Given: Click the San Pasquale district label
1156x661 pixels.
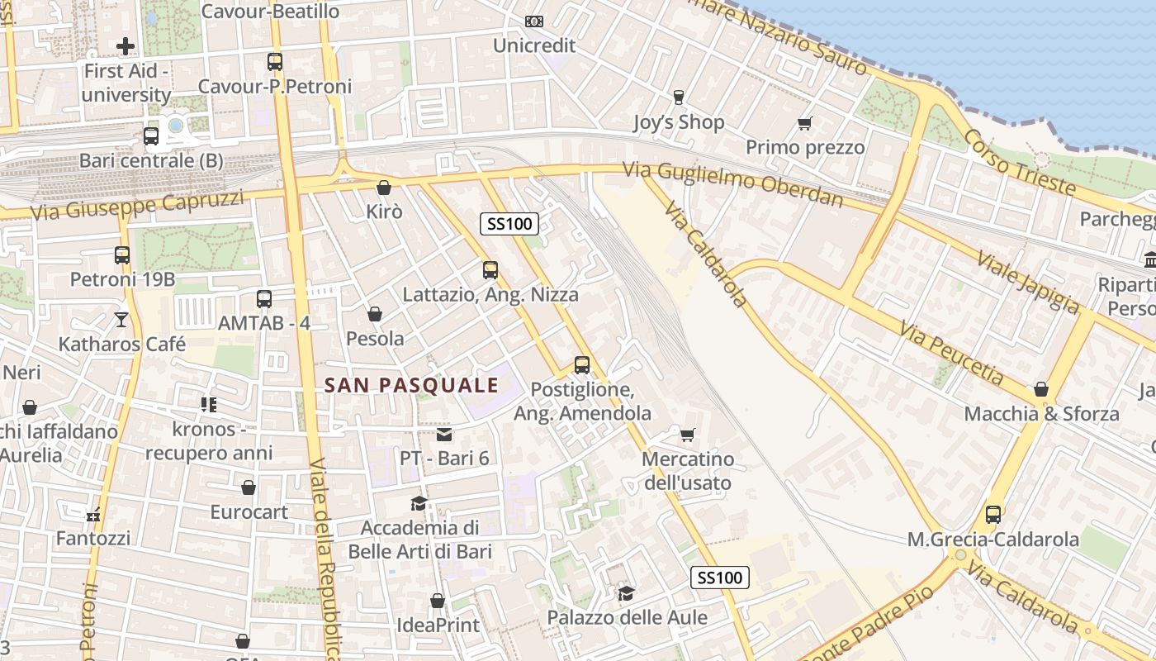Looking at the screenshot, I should [x=411, y=385].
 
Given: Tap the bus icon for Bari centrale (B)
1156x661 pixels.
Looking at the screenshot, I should [x=151, y=136].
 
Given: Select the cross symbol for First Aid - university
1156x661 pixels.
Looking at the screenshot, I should [x=126, y=46].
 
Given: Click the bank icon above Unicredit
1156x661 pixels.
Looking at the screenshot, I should [x=534, y=21].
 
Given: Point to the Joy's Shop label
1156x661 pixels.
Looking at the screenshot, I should [x=678, y=122].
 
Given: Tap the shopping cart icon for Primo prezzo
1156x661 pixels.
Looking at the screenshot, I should [x=805, y=124].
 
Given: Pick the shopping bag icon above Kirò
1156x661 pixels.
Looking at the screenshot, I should [x=383, y=188].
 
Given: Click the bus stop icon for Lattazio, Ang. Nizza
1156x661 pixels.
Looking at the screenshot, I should [x=490, y=269].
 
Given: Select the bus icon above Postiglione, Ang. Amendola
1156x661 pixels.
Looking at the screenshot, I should [x=582, y=364].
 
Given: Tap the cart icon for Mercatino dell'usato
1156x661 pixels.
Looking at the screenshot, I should [x=687, y=435].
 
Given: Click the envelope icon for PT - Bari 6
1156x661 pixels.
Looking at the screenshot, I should [x=444, y=435].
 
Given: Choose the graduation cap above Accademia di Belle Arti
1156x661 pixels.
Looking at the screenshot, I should [x=419, y=503].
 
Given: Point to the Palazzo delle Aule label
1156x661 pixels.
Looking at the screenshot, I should [x=628, y=617].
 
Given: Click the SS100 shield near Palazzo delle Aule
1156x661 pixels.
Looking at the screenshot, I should [x=720, y=578].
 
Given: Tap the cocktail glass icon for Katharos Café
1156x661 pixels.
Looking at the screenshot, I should [x=122, y=319].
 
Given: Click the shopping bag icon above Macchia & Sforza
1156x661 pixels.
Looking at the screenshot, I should [x=1041, y=389].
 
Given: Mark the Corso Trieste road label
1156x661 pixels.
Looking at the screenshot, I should [x=1021, y=163].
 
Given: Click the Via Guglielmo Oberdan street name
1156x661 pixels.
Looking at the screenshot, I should [x=733, y=183].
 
